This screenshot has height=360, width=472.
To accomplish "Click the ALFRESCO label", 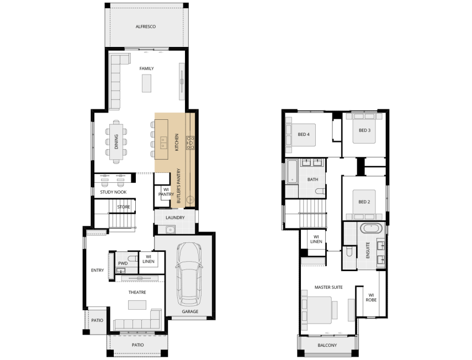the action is (x=145, y=27).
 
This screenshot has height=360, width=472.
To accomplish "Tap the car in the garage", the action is (x=189, y=274).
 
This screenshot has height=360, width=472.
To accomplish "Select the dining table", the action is (x=116, y=141).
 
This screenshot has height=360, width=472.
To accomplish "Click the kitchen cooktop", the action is (x=190, y=143).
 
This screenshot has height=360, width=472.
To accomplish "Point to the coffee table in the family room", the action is (x=147, y=83).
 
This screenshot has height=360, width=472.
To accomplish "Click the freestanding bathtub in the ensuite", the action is (x=371, y=228).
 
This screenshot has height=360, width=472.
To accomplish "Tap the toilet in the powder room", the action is (x=132, y=258).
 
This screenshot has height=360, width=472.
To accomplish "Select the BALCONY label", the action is (x=327, y=345).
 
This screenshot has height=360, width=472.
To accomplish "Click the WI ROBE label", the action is (x=371, y=298).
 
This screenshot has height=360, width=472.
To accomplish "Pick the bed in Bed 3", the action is (x=364, y=128).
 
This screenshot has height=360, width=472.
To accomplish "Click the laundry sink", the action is (x=170, y=230).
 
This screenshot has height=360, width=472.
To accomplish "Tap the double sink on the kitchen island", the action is (x=163, y=142).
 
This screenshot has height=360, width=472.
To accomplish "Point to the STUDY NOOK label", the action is (x=113, y=192).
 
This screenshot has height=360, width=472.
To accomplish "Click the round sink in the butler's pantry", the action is (x=190, y=199).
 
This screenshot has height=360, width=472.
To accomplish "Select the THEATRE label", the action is (x=137, y=292).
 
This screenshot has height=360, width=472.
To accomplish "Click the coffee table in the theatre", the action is (x=137, y=305).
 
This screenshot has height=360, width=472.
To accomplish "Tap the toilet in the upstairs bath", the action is (x=320, y=191).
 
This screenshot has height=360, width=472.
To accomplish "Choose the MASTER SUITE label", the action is (x=328, y=287).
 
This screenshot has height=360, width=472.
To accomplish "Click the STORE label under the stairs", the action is (x=124, y=207).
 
